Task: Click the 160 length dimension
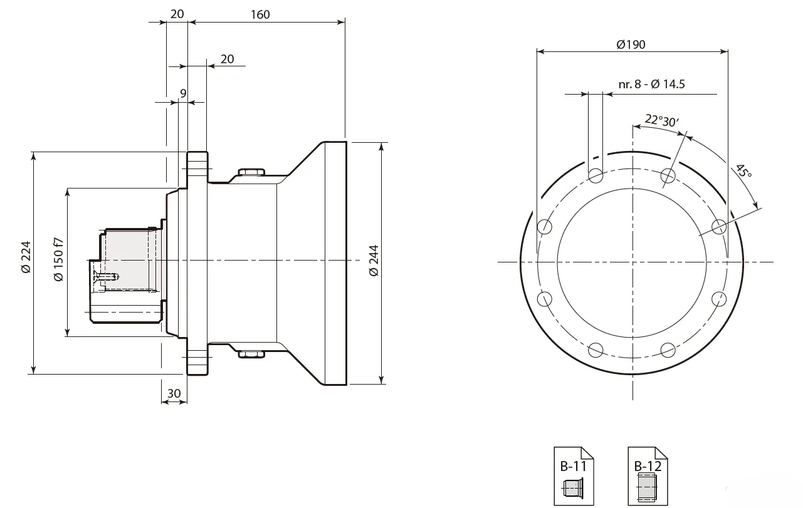tap(260, 14)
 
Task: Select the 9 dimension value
tap(183, 94)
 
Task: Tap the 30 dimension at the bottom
tap(174, 393)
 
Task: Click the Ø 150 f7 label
tap(58, 259)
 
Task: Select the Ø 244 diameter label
tap(374, 261)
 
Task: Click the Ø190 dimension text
tap(631, 44)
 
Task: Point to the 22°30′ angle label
tap(661, 120)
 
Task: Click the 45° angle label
tap(743, 172)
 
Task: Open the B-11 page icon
tap(574, 475)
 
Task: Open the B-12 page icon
tap(648, 475)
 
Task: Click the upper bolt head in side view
tap(252, 172)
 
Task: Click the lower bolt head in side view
tap(252, 354)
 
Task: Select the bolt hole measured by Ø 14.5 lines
tap(596, 175)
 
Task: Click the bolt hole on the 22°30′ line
tap(668, 175)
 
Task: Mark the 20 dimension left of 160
tap(177, 14)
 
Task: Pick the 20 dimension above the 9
tap(227, 59)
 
